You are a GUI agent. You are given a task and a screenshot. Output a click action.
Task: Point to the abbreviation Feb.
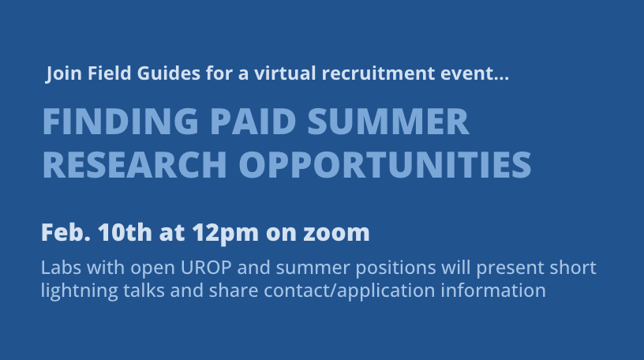pyautogui.click(x=66, y=233)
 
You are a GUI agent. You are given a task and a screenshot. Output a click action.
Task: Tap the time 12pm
pyautogui.click(x=222, y=234)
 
